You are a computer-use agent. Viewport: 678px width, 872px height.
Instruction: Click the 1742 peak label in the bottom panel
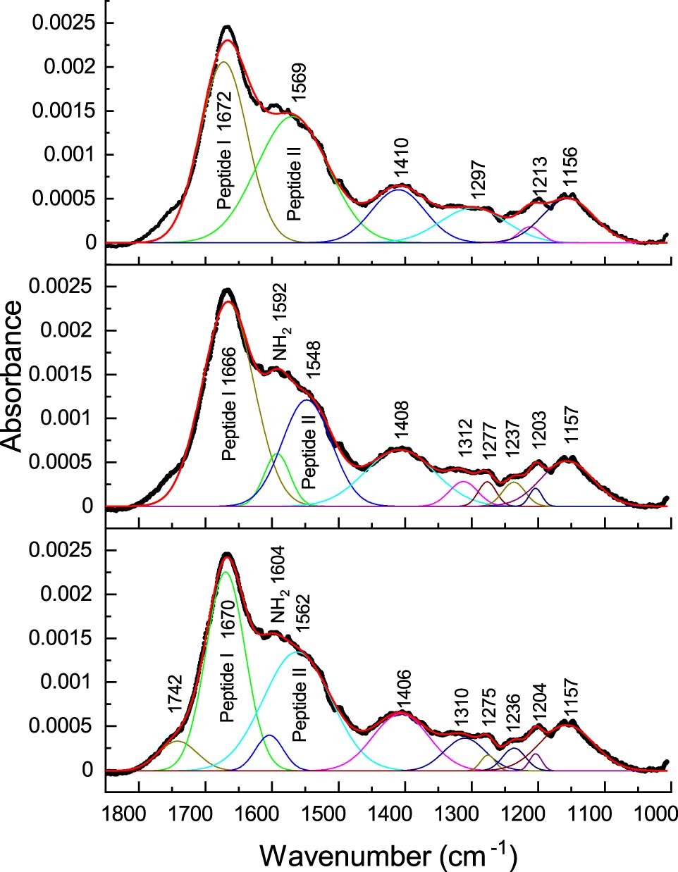tap(176, 695)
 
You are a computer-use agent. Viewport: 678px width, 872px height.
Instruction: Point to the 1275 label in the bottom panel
tap(488, 710)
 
